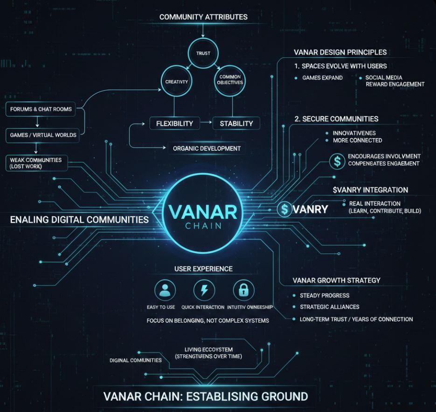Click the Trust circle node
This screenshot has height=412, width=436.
click(x=203, y=53)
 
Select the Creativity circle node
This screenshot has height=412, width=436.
click(x=176, y=81)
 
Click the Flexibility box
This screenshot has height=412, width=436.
click(x=174, y=123)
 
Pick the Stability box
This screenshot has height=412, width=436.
click(x=236, y=123)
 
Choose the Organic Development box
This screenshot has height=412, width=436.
click(x=207, y=148)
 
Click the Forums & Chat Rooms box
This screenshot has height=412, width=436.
click(x=41, y=109)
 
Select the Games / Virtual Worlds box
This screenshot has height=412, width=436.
click(x=43, y=135)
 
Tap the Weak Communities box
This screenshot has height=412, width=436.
click(x=36, y=163)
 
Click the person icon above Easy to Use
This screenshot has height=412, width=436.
click(x=165, y=290)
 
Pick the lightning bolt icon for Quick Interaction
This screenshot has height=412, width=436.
click(x=204, y=290)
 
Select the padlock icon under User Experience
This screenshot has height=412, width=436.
click(x=243, y=290)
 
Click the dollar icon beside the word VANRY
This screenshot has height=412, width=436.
click(x=284, y=209)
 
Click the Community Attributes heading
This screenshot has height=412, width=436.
click(x=203, y=17)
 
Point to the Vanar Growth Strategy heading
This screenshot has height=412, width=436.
click(x=336, y=280)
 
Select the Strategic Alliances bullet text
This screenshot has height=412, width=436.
click(x=329, y=307)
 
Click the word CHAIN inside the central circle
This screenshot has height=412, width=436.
click(x=203, y=226)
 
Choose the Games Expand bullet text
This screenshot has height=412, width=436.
click(x=322, y=78)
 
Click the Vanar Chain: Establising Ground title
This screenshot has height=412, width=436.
click(x=205, y=397)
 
